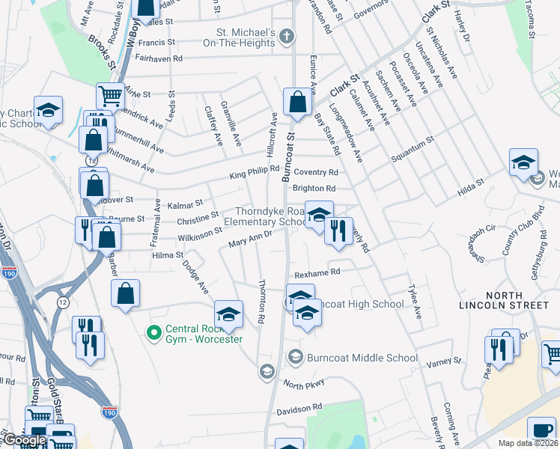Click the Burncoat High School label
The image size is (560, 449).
pyautogui.click(x=362, y=304)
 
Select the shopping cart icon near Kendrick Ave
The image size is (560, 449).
pyautogui.click(x=109, y=95)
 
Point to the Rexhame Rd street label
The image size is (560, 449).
pyautogui.click(x=318, y=272)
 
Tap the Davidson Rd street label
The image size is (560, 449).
pyautogui.click(x=299, y=408)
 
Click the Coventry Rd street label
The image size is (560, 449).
pyautogui.click(x=316, y=172)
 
